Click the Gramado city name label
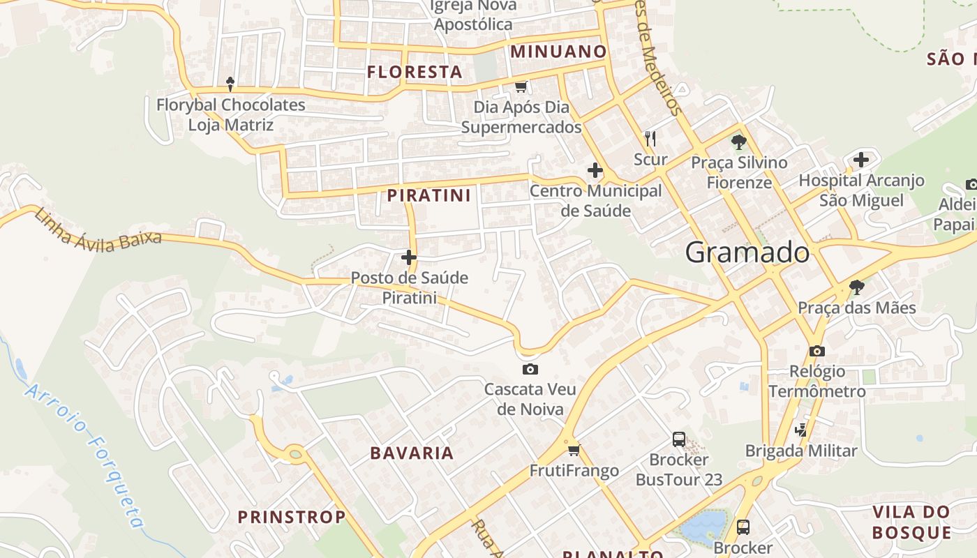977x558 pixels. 747,252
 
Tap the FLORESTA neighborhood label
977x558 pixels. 415,72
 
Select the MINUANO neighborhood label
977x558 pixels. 558,51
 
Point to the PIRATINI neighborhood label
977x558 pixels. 429,195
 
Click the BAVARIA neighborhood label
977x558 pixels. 412,453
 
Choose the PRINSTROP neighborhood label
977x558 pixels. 292,517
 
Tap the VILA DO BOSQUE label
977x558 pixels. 911,522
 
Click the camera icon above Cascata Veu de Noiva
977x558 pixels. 530,369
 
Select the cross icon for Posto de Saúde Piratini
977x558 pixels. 409,258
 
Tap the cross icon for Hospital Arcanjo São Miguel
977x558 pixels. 861,160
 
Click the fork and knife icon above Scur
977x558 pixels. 650,138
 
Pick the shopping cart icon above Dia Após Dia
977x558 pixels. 521,86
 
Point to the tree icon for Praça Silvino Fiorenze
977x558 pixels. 739,142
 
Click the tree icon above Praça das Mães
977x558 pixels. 857,287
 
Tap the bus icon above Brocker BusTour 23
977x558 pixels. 679,439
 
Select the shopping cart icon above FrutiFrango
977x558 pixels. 574,451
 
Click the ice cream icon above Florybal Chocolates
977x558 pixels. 230,84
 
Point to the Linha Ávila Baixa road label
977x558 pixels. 98,228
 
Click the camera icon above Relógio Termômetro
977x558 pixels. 817,351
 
